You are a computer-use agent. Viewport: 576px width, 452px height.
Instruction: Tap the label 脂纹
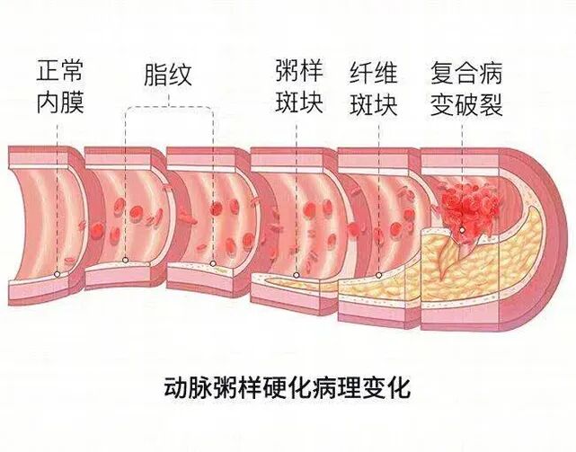(168, 74)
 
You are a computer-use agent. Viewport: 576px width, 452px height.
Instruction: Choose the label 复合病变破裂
(466, 85)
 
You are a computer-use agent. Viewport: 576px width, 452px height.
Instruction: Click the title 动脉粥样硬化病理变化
(287, 389)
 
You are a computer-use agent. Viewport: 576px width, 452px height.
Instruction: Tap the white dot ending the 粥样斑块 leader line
(297, 277)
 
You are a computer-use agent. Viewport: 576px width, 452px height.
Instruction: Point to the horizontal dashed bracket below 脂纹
(169, 108)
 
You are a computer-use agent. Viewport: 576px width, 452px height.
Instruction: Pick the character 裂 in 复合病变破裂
(491, 102)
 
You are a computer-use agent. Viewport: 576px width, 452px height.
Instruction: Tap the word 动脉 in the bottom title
(187, 389)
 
